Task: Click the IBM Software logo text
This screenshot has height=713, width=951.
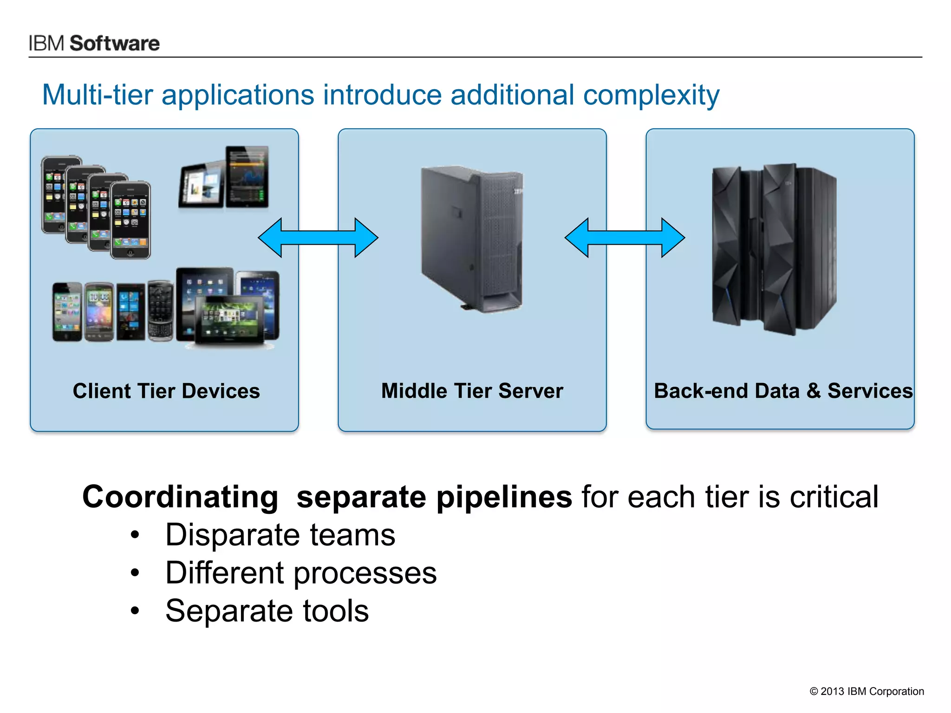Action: pos(94,43)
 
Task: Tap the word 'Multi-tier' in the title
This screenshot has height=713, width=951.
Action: pos(98,95)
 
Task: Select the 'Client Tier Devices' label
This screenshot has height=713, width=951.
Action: pos(166,391)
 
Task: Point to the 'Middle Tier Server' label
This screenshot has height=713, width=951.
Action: pos(472,391)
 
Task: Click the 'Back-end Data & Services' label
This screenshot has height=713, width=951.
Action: pos(783,391)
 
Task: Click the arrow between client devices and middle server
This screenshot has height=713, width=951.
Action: pos(318,238)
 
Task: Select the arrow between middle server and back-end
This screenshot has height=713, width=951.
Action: pos(625,238)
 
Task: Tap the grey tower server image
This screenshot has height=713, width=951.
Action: pos(472,239)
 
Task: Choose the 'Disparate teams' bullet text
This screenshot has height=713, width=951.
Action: pos(280,535)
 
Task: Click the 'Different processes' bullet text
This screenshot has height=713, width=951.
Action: pos(301,573)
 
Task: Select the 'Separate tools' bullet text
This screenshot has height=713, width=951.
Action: pos(267,611)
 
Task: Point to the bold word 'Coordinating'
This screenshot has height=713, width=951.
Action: pos(180,497)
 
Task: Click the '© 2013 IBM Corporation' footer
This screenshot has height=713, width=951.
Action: pos(866,691)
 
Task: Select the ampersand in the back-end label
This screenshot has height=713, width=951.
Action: pos(814,391)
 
